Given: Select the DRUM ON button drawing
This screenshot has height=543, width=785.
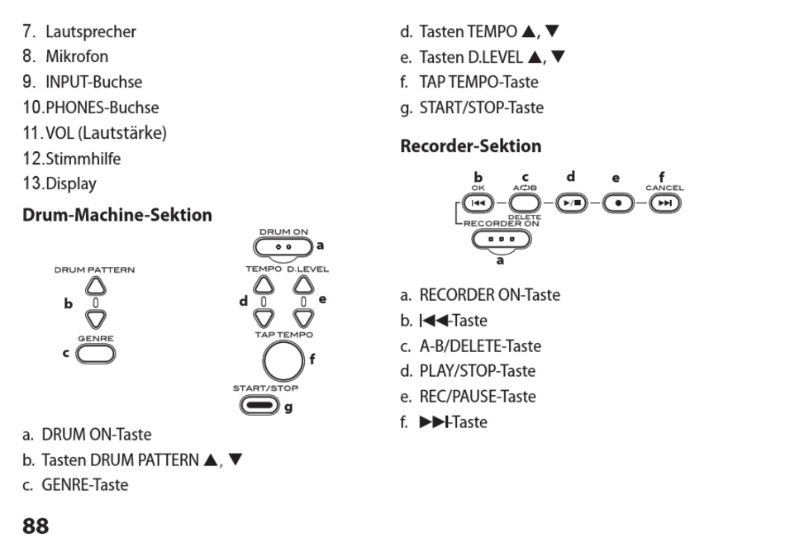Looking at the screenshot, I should pyautogui.click(x=283, y=245).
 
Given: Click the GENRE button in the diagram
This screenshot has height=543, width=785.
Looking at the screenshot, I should pyautogui.click(x=96, y=354).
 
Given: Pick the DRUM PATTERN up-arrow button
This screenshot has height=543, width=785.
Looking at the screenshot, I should pyautogui.click(x=96, y=286).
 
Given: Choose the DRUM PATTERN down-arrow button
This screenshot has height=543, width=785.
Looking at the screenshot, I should pyautogui.click(x=96, y=318).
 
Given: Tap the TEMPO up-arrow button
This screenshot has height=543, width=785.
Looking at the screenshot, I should pyautogui.click(x=264, y=285).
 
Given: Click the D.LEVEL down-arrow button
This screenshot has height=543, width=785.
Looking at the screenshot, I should pyautogui.click(x=304, y=317).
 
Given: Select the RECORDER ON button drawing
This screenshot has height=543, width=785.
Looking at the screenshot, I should pyautogui.click(x=500, y=240).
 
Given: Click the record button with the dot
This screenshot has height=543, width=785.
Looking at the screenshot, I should pyautogui.click(x=616, y=203).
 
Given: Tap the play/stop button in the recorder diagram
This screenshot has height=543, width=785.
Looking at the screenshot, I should pyautogui.click(x=572, y=203).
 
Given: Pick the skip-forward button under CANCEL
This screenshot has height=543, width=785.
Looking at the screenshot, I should pyautogui.click(x=664, y=203).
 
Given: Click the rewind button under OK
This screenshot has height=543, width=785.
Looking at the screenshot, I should pyautogui.click(x=478, y=203).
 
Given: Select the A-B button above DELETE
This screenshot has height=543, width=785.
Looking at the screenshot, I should pyautogui.click(x=525, y=202).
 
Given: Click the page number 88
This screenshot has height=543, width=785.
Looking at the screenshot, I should pyautogui.click(x=36, y=526).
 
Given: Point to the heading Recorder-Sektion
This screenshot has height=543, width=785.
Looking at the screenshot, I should pyautogui.click(x=470, y=146).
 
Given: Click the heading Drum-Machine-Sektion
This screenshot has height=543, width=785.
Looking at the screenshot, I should pyautogui.click(x=117, y=215).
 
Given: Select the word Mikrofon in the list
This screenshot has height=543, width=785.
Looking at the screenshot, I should pyautogui.click(x=77, y=57).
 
